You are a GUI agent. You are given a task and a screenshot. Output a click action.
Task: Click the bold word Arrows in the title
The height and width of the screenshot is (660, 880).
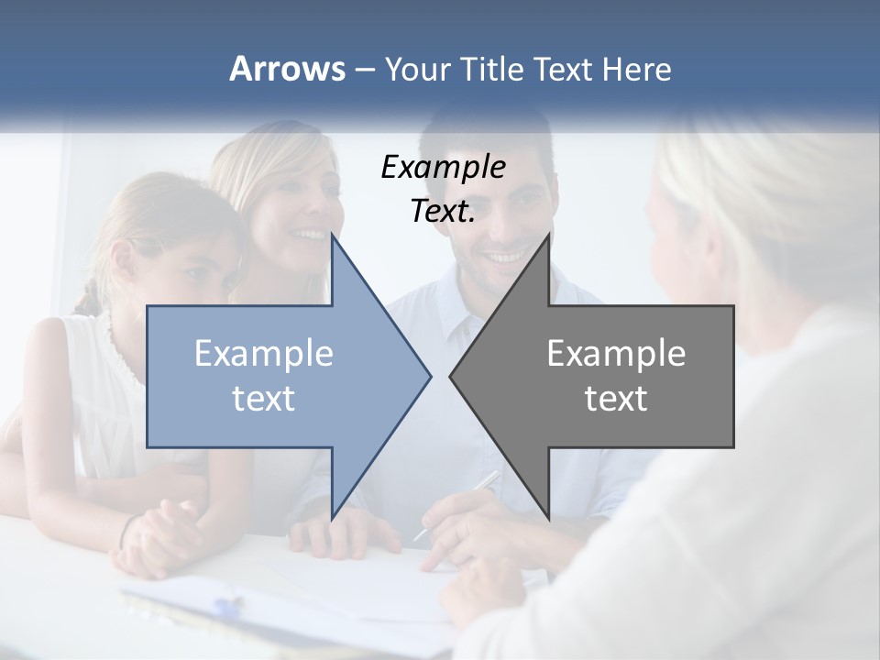tap(287, 69)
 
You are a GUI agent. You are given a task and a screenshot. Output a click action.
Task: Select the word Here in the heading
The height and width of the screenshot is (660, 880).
tap(636, 69)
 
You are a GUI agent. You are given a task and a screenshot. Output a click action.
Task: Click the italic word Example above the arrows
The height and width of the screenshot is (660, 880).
tap(443, 168)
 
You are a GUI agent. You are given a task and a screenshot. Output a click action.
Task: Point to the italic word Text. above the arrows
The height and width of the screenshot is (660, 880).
tap(443, 212)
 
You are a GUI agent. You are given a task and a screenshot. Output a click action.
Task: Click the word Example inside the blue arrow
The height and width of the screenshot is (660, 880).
tap(264, 354)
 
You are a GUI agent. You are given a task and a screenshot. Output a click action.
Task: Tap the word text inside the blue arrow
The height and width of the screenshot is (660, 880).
tap(264, 399)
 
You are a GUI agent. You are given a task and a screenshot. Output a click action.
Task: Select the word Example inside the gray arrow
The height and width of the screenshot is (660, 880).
tap(616, 354)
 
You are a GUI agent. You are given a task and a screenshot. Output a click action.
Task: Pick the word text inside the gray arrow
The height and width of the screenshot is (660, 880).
tap(616, 399)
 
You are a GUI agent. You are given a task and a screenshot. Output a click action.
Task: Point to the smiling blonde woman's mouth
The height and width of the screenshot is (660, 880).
tap(307, 237)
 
